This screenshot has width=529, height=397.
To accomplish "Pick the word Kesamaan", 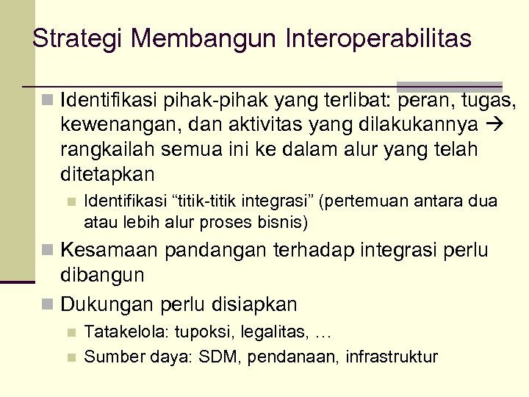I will coord(109,250).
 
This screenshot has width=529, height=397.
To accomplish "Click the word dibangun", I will coord(102,275).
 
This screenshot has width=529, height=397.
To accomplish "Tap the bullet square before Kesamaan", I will coord(49,251).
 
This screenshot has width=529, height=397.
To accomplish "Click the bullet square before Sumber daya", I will coord(71,358).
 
